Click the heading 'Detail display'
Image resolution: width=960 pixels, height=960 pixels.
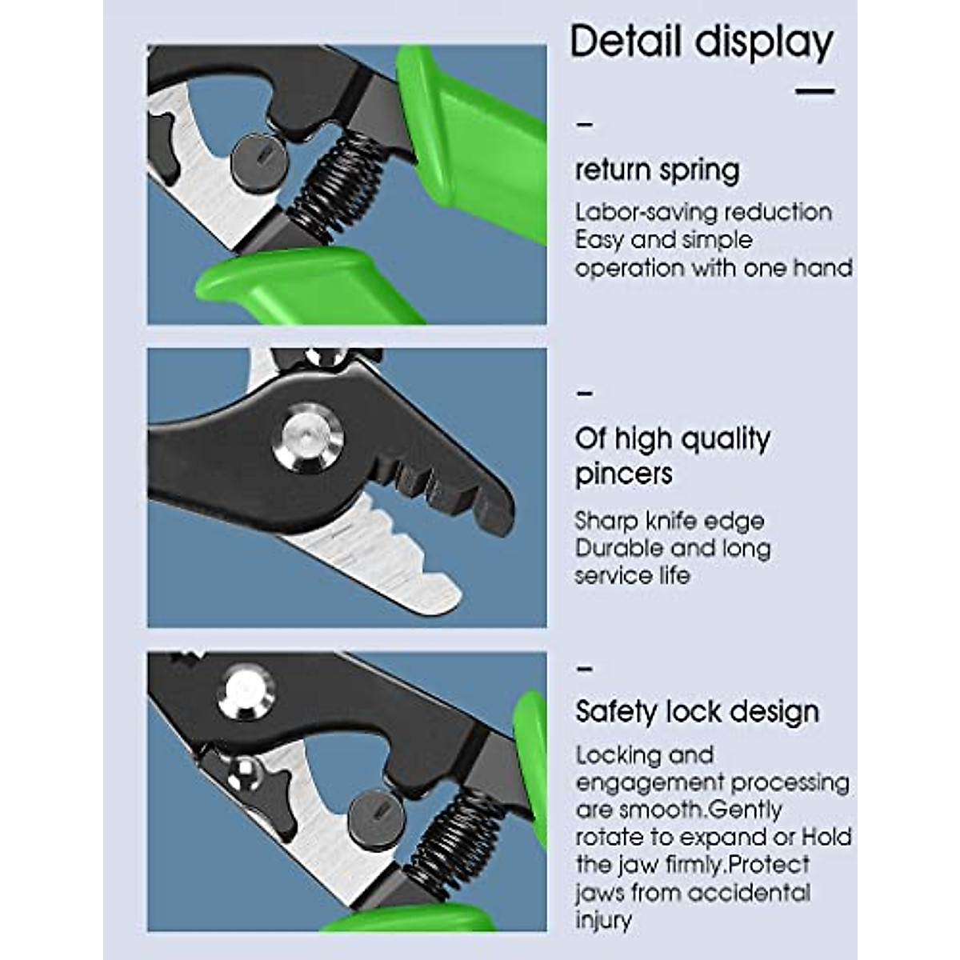tap(702, 42)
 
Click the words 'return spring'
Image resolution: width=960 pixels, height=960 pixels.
tap(658, 170)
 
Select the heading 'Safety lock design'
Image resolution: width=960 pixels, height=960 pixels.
tap(697, 711)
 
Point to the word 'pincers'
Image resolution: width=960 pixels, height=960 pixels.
tap(623, 474)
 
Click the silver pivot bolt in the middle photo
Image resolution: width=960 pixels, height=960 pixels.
tap(308, 438)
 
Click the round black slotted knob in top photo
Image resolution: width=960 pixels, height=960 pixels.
tap(254, 156)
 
